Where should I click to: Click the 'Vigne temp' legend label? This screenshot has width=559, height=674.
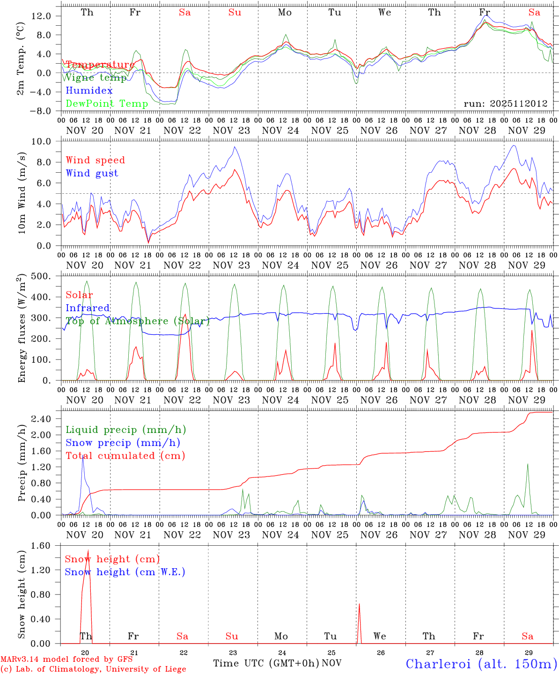(96, 78)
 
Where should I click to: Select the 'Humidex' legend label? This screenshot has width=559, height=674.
(89, 91)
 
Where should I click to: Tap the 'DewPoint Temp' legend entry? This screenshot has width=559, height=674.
(107, 103)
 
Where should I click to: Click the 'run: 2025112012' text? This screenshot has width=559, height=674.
(505, 103)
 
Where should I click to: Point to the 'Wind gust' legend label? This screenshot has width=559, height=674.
(92, 173)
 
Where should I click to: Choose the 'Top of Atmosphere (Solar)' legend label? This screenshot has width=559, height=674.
(137, 321)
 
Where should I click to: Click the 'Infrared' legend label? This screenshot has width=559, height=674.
(88, 308)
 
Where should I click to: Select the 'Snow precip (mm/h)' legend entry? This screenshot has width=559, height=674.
(123, 443)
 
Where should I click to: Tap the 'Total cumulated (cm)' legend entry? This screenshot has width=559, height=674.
(125, 455)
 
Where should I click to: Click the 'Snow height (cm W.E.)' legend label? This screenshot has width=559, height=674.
(125, 572)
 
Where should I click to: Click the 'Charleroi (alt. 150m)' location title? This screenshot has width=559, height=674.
(482, 664)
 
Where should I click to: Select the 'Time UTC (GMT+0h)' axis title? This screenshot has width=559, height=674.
(266, 663)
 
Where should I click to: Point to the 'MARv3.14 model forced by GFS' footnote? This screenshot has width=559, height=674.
(66, 659)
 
